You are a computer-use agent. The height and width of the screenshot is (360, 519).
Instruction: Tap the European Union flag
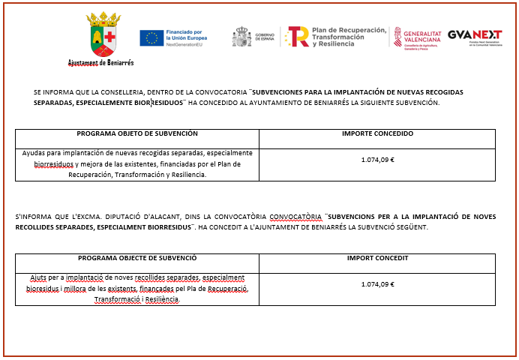(x=150, y=37)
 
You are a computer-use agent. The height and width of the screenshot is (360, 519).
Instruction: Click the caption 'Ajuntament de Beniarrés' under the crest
(x=100, y=64)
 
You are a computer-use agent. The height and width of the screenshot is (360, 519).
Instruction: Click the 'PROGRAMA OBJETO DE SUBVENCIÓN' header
(x=137, y=133)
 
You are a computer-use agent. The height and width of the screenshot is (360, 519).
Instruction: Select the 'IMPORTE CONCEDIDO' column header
(x=377, y=133)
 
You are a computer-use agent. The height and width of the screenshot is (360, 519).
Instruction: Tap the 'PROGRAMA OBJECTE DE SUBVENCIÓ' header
(x=137, y=257)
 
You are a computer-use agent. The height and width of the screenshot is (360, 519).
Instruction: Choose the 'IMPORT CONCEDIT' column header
(x=377, y=257)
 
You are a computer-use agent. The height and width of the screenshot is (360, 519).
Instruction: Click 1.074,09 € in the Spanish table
(x=377, y=159)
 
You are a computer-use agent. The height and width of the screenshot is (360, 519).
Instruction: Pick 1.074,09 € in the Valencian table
(x=377, y=284)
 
